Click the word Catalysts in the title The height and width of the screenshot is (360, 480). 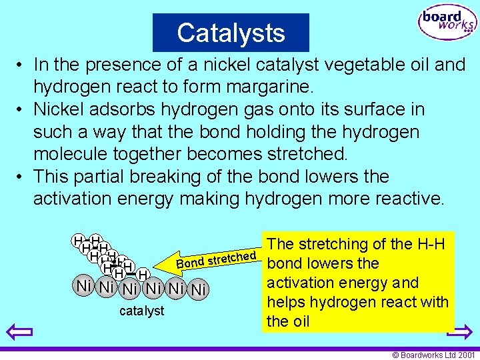[x=231, y=33]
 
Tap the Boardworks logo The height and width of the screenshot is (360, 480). [x=448, y=24]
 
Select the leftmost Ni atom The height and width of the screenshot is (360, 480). [x=83, y=287]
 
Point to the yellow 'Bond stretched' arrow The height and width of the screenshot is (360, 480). [x=213, y=260]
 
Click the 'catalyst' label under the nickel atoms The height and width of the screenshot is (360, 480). [x=141, y=311]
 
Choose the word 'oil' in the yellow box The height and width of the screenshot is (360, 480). [x=298, y=321]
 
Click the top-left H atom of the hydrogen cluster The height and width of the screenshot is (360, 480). [x=79, y=239]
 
